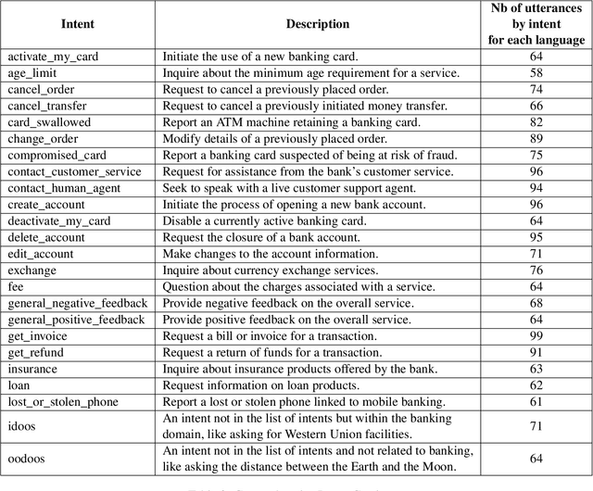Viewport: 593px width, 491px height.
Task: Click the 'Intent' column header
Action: click(78, 24)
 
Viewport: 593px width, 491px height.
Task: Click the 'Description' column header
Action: click(318, 24)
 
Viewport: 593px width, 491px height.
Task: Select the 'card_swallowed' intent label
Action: click(45, 122)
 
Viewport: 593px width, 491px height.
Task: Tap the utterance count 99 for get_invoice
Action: click(536, 335)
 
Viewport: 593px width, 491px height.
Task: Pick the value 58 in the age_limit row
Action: click(536, 72)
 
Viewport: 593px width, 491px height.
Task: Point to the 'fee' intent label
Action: click(16, 286)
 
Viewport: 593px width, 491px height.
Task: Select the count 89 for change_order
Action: click(536, 138)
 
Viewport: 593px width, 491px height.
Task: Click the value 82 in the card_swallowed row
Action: click(536, 122)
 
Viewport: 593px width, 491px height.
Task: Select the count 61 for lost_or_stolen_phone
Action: click(536, 401)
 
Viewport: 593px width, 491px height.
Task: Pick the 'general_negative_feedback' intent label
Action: click(77, 303)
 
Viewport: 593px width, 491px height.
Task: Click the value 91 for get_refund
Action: click(536, 352)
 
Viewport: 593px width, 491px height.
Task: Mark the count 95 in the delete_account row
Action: click(536, 237)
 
